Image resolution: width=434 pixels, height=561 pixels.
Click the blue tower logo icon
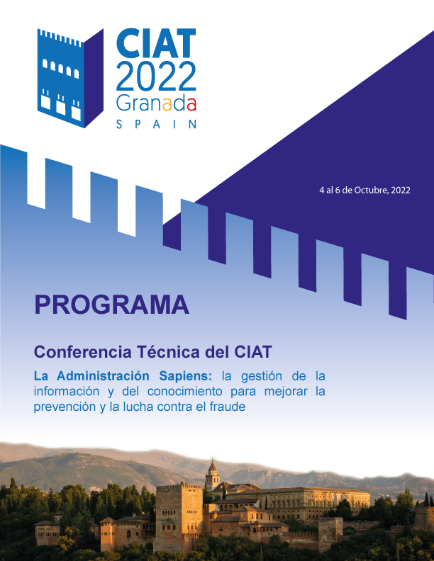pyautogui.click(x=70, y=78)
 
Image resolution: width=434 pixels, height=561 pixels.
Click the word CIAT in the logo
pyautogui.click(x=156, y=43)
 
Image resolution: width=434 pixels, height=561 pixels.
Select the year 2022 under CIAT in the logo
pyautogui.click(x=156, y=76)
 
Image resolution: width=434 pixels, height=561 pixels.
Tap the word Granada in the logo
pyautogui.click(x=156, y=104)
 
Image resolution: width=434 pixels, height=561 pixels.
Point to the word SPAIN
pyautogui.click(x=157, y=124)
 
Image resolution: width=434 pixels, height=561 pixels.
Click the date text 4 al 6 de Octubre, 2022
pyautogui.click(x=365, y=190)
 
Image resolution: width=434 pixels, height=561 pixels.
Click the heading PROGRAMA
pyautogui.click(x=111, y=305)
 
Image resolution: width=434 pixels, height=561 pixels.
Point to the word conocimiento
pyautogui.click(x=185, y=391)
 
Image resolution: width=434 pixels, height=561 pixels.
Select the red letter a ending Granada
pyautogui.click(x=191, y=104)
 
